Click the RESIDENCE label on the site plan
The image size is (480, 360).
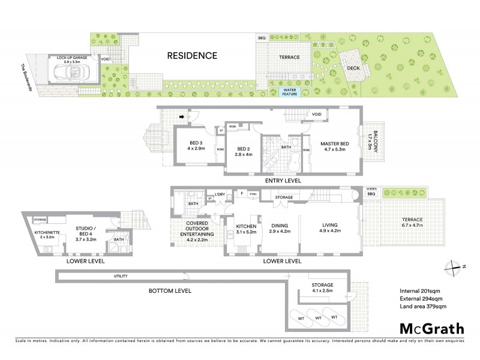tap(192, 56)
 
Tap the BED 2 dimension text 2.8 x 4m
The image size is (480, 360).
tap(242, 154)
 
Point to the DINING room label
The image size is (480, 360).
tap(280, 224)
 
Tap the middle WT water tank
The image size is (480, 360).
tap(319, 316)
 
